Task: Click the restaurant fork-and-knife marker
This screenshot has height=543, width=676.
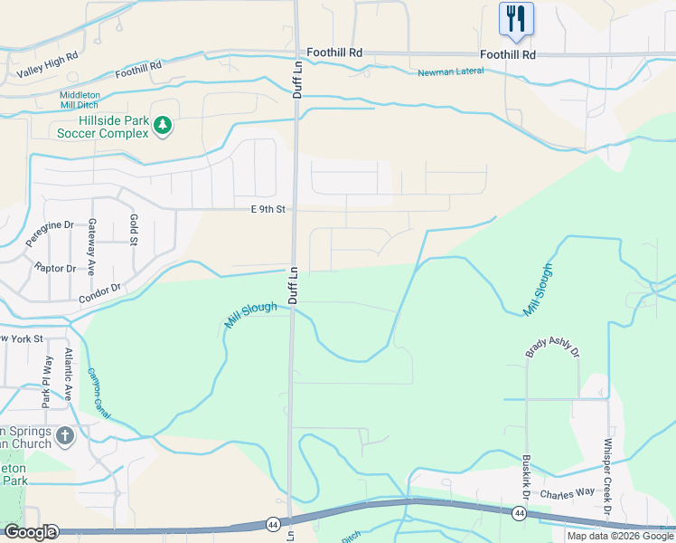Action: coord(516,18)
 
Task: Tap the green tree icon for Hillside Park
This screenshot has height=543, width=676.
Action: coord(163,125)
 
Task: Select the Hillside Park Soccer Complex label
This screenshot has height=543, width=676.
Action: coord(102,127)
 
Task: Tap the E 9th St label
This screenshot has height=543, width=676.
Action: coord(268,209)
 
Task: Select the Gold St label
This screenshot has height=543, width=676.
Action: coord(133,230)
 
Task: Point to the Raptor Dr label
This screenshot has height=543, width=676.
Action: coord(55,269)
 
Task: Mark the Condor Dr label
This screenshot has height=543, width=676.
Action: coord(99,293)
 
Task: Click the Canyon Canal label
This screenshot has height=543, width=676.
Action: coord(99,392)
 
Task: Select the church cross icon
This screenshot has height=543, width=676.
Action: coord(64,437)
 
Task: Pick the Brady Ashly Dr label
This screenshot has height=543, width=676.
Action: coord(552,348)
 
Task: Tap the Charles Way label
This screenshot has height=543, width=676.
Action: coord(566,495)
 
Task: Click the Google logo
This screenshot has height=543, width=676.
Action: coord(30,532)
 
